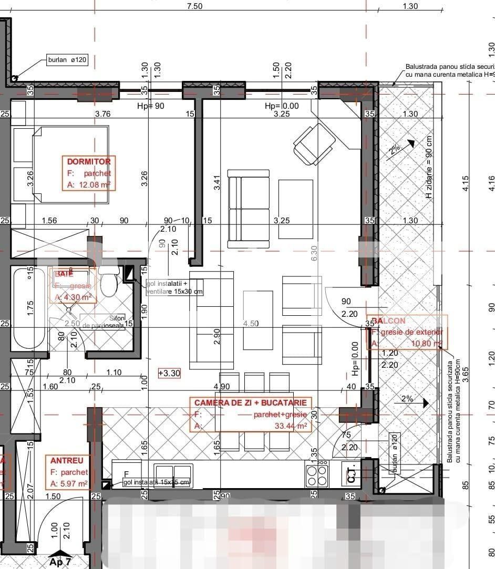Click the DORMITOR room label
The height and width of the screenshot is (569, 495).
pos(89,162)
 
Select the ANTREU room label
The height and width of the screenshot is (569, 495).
pos(67,460)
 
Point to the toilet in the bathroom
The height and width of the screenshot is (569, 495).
pos(109,282)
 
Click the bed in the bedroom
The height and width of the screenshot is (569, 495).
pos(70,164)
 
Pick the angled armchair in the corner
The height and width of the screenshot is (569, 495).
pos(314,140)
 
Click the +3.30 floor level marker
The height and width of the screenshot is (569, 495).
pos(169,374)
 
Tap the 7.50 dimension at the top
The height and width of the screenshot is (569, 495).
pos(194,6)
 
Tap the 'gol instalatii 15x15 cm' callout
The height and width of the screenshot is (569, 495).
pos(157,482)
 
